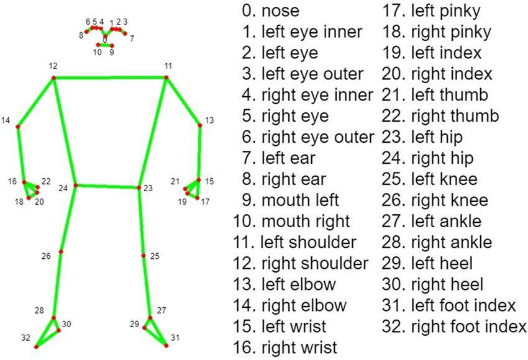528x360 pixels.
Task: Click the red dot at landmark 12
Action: point(53,78)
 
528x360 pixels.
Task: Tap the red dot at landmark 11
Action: point(167,77)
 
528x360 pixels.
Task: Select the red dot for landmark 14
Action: point(17,127)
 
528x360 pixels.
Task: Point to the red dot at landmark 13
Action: point(200,125)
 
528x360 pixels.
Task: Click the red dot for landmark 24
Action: point(75,185)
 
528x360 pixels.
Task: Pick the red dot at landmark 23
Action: point(139,187)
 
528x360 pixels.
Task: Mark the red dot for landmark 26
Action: point(61,251)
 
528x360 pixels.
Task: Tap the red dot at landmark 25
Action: point(143,256)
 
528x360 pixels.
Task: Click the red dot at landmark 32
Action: point(36,346)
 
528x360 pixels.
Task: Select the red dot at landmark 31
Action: point(166,345)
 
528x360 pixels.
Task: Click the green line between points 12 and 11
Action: point(111,78)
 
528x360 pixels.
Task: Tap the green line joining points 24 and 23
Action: point(107,186)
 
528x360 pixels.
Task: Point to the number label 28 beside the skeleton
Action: point(40,310)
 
